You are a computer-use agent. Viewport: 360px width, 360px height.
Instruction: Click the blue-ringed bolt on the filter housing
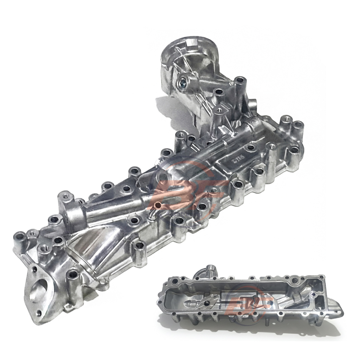pyautogui.click(x=184, y=82)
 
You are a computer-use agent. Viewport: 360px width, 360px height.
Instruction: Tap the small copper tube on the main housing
pyautogui.click(x=158, y=206)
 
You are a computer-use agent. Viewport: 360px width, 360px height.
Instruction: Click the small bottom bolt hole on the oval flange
pyautogui.click(x=39, y=313)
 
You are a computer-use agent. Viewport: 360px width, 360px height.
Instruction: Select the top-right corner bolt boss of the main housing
pyautogui.click(x=298, y=125)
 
